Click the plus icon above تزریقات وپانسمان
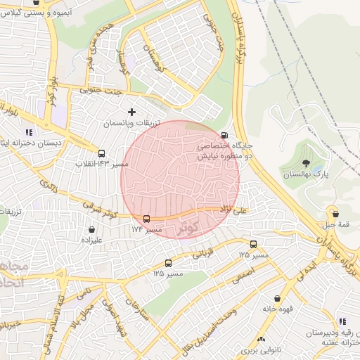point(131,112)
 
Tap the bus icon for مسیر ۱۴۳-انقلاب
point(102,153)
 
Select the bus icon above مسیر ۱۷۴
point(147,219)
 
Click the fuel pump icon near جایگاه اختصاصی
point(224,135)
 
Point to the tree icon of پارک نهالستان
point(305,163)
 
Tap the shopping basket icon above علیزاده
point(92,229)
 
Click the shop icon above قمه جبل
point(335,214)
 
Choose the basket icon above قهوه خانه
point(277,299)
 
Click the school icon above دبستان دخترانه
point(29,131)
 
